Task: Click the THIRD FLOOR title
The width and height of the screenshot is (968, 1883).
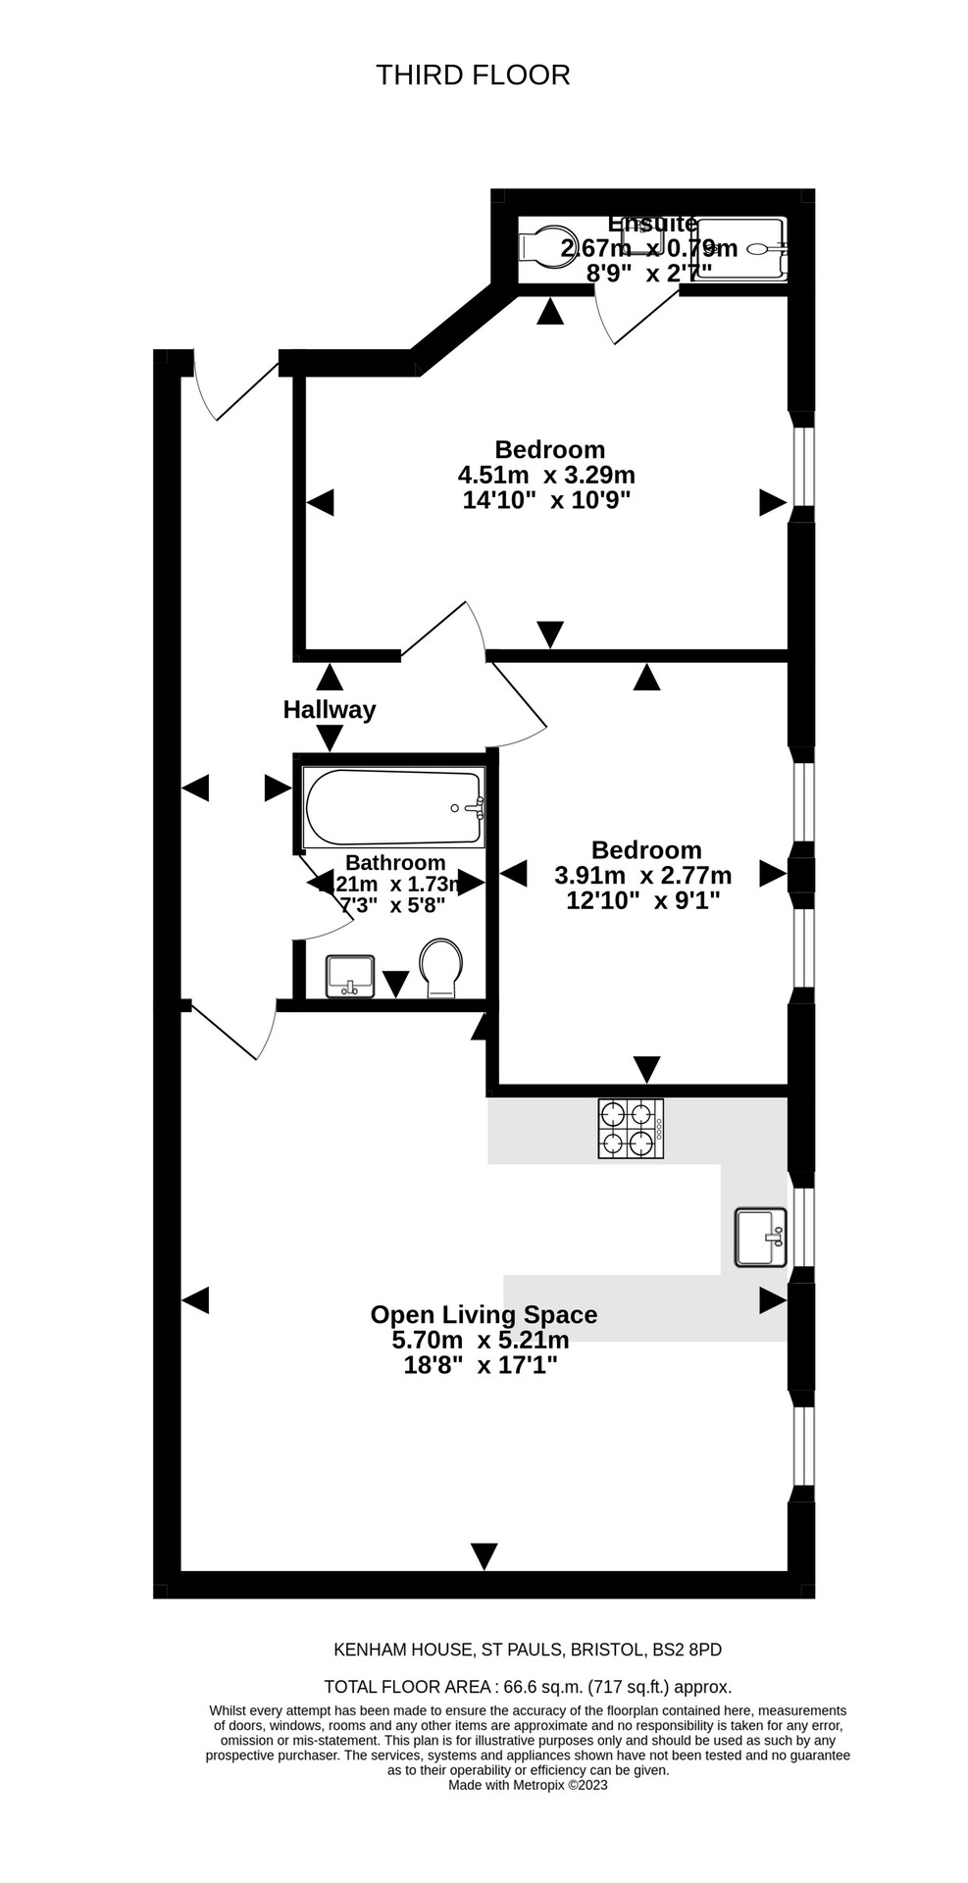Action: point(473,75)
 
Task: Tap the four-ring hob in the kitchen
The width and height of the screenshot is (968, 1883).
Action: point(631,1128)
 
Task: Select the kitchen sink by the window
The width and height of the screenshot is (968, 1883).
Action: point(760,1237)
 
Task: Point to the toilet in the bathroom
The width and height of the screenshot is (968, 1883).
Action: point(441,967)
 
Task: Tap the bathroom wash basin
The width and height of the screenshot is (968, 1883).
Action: point(350,975)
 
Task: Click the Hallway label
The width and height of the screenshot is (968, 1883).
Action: point(329,709)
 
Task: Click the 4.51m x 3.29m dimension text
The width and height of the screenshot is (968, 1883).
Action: point(546,475)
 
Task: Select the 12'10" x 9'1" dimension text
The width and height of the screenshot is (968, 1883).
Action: point(643,899)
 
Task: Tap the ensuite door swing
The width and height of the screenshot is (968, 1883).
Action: point(632,316)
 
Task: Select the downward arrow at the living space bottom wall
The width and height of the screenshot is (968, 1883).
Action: point(484,1554)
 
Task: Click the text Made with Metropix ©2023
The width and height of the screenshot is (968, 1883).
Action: point(528,1785)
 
